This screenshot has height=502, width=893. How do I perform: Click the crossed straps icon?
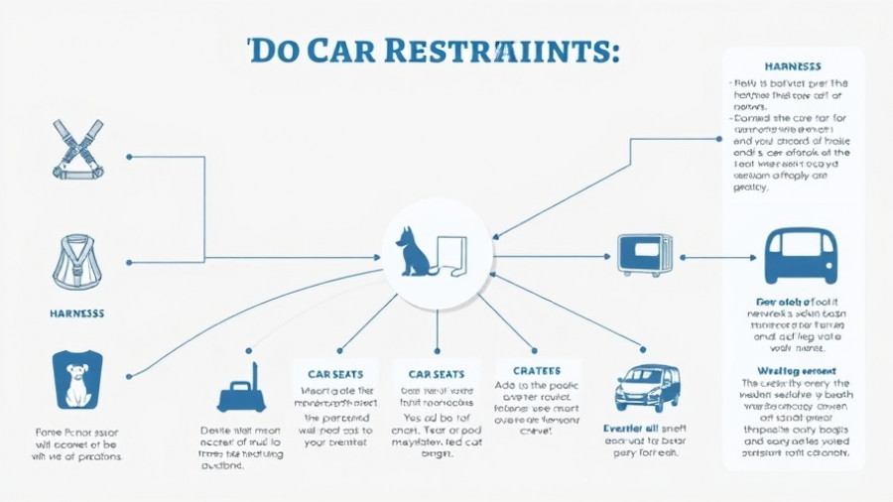click(x=77, y=149)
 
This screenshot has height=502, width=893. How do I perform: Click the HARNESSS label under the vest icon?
click(x=76, y=313)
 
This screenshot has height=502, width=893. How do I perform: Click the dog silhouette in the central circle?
click(x=411, y=252)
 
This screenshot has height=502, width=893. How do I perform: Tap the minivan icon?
click(x=646, y=387)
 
